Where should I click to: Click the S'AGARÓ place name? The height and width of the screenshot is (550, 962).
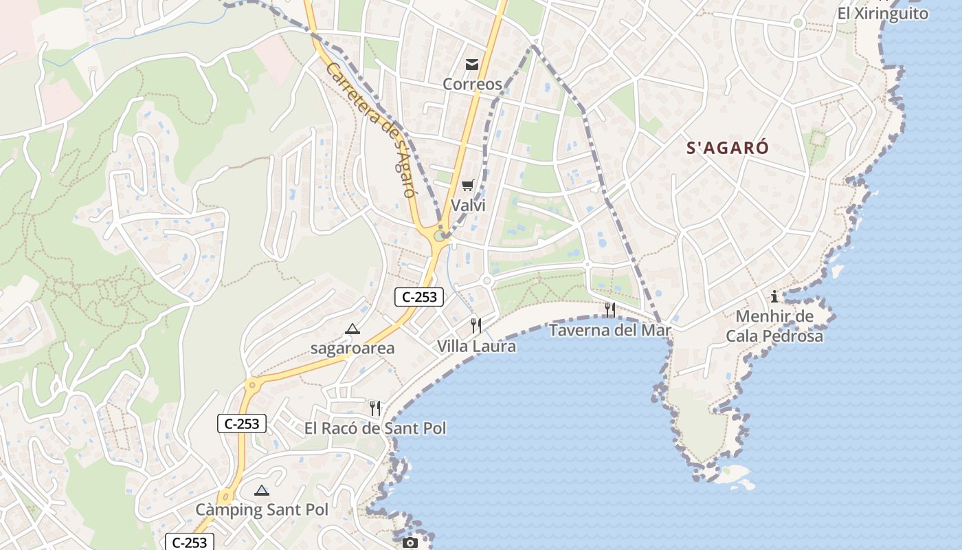click(x=728, y=148)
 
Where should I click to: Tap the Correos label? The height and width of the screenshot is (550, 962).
click(x=472, y=84)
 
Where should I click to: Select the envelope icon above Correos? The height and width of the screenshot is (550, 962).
click(x=472, y=65)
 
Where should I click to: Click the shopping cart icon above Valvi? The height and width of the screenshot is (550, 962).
click(x=468, y=185)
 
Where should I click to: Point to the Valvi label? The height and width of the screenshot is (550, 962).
click(x=468, y=205)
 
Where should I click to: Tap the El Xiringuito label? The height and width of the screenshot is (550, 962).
click(x=882, y=14)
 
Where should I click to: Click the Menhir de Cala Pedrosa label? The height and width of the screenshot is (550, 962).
click(x=774, y=326)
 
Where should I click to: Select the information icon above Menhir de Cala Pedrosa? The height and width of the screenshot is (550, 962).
click(x=774, y=296)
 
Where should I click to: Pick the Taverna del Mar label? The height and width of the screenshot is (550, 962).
click(x=610, y=330)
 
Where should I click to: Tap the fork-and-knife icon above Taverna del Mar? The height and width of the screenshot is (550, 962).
click(x=609, y=309)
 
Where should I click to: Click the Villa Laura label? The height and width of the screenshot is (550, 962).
click(x=476, y=346)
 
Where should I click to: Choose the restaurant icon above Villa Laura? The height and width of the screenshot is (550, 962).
click(x=476, y=325)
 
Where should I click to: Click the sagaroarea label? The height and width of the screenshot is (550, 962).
click(x=353, y=348)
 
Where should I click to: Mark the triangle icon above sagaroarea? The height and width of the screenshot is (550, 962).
click(x=353, y=329)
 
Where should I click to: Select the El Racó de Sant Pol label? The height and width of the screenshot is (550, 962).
click(x=375, y=428)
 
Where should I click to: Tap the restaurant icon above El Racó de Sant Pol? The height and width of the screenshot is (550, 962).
click(x=375, y=408)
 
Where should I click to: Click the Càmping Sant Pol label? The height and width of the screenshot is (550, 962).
click(x=262, y=510)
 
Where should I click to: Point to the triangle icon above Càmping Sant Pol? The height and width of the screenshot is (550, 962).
click(x=261, y=491)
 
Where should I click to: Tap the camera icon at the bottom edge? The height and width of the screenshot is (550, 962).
click(x=410, y=543)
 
